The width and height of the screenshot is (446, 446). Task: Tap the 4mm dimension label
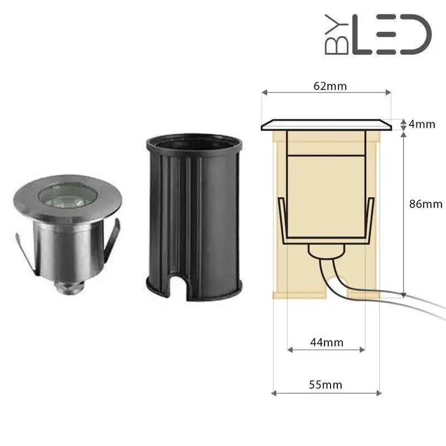(421, 124)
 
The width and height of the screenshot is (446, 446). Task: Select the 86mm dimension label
(425, 203)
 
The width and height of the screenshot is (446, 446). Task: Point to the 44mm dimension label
(326, 342)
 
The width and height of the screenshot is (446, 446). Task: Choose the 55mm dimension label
(326, 385)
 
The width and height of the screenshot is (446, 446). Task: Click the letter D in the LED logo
(415, 35)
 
